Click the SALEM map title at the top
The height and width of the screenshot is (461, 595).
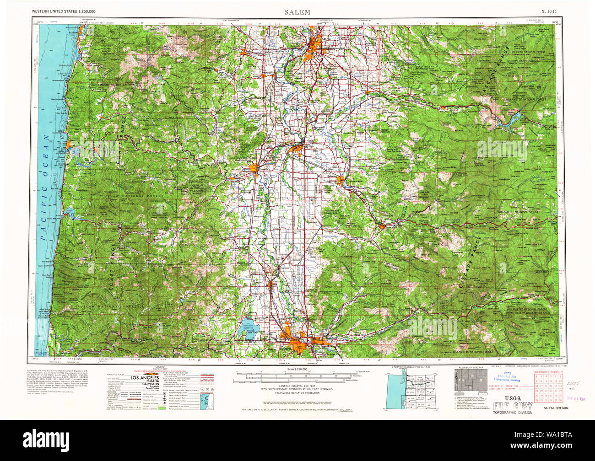tap(297, 12)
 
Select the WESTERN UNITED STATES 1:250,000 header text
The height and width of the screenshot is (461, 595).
tap(64, 11)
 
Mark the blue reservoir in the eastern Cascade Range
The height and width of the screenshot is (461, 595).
tap(512, 120)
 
